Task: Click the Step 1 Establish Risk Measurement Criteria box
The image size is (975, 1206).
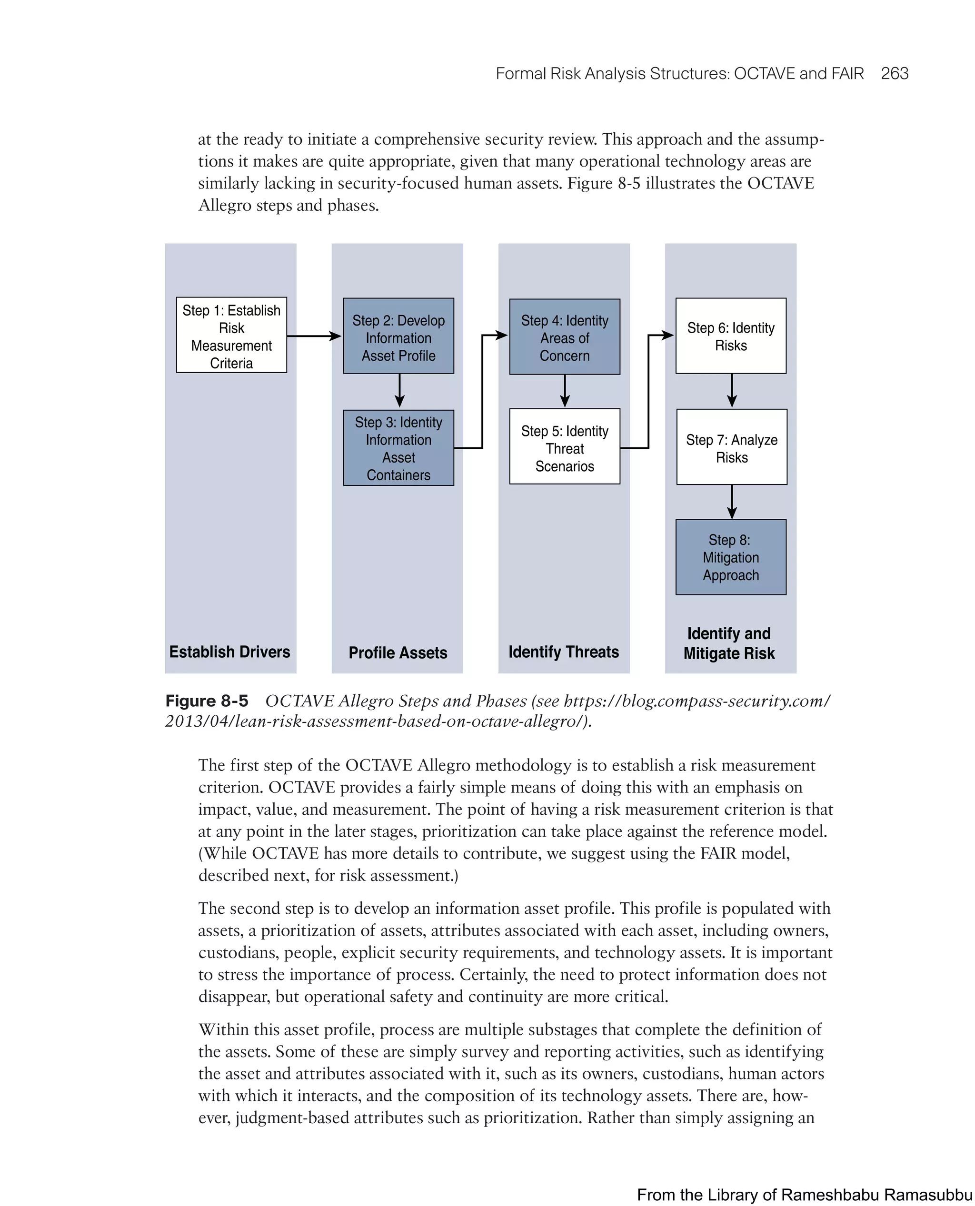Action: click(x=231, y=335)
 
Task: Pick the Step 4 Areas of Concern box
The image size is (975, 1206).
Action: click(x=565, y=336)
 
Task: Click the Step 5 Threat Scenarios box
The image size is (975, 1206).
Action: click(x=565, y=446)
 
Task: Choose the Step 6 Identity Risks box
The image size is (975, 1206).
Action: click(x=731, y=336)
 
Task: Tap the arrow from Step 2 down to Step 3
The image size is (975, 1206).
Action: click(x=399, y=390)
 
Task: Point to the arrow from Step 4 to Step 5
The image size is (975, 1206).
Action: click(x=565, y=390)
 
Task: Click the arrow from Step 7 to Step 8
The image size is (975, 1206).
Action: click(x=732, y=501)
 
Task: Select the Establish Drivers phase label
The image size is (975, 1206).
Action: click(x=230, y=652)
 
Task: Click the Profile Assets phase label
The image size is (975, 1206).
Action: click(x=398, y=652)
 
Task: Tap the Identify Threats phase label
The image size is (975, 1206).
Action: click(x=563, y=652)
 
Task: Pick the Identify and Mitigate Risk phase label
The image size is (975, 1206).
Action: click(x=729, y=643)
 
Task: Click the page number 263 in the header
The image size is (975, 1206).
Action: click(x=894, y=74)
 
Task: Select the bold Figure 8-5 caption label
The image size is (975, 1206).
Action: click(x=207, y=701)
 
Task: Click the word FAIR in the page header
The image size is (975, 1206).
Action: click(x=847, y=74)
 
